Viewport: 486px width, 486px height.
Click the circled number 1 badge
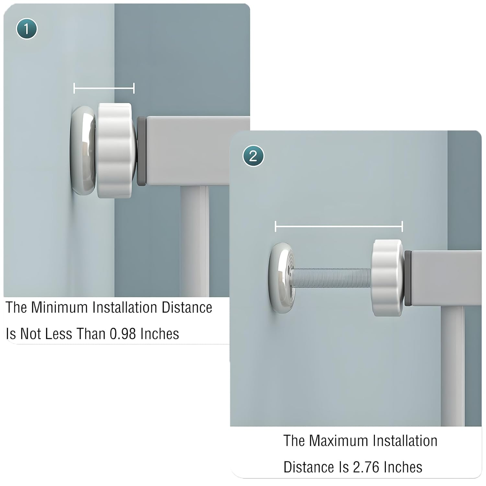(x=27, y=29)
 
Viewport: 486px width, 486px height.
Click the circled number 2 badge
(x=253, y=156)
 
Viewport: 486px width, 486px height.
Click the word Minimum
(x=59, y=307)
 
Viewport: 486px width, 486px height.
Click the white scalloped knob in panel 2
(x=388, y=278)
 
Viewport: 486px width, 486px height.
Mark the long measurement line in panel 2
(x=339, y=226)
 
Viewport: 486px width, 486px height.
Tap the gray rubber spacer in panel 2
(x=408, y=278)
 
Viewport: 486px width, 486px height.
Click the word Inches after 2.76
(x=403, y=467)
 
